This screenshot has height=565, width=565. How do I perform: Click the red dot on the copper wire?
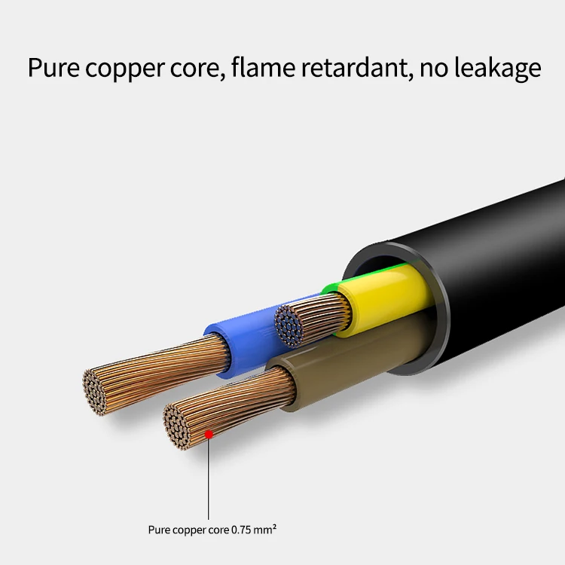[209, 433]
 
